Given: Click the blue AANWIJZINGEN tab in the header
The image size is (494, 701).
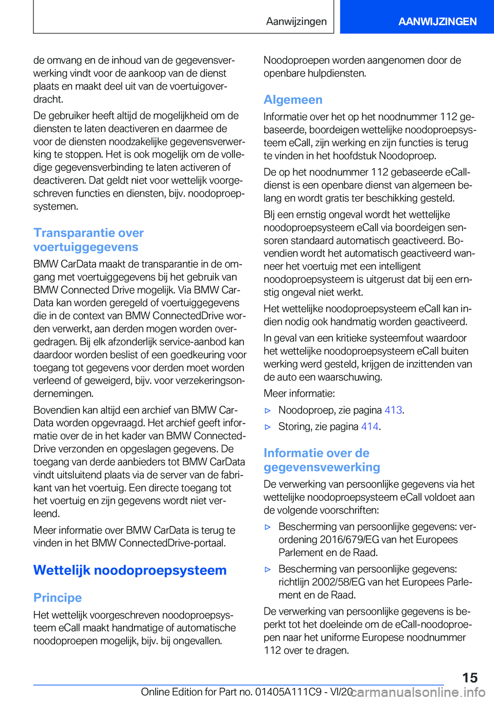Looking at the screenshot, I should tap(437, 22).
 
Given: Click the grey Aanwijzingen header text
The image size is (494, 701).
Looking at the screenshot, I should tap(296, 22).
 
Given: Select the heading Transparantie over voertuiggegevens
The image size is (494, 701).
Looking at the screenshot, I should tap(89, 240).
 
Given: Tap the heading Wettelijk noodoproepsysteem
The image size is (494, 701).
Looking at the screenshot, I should tap(130, 570).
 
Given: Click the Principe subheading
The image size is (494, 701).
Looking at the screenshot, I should tap(58, 598).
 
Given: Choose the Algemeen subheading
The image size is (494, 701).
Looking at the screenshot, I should tap(293, 100).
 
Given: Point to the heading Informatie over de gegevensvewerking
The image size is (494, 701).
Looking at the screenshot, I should tap(322, 460).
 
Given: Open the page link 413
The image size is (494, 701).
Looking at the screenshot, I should tap(393, 410).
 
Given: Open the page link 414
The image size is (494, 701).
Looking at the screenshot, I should tap(369, 427).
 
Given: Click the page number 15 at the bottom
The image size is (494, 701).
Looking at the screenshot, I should tap(469, 678).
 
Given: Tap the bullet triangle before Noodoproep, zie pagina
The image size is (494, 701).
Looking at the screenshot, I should tap(268, 411).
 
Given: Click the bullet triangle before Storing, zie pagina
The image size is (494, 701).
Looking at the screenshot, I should tap(268, 427).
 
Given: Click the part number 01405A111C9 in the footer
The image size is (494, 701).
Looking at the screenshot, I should tap(288, 692).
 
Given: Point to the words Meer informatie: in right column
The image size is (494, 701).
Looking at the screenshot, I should tap(299, 394).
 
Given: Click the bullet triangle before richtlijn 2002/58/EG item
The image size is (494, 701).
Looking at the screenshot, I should tap(268, 569).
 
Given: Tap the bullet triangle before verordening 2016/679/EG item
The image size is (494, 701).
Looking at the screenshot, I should tap(268, 527).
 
